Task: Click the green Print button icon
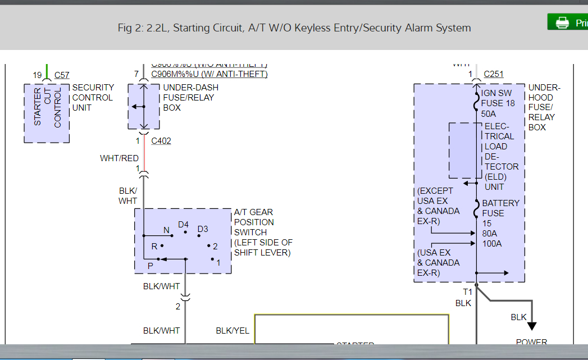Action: click(x=562, y=22)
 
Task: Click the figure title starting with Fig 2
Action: click(x=294, y=28)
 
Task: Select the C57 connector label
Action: click(x=62, y=75)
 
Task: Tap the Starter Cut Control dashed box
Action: click(x=47, y=113)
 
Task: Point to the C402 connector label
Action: click(x=162, y=141)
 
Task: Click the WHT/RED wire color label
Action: click(x=119, y=158)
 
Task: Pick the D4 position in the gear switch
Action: click(x=183, y=225)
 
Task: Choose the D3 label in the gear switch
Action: click(x=202, y=229)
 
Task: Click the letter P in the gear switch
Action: click(x=150, y=266)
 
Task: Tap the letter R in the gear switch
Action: click(x=154, y=246)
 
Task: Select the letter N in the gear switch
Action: click(x=166, y=230)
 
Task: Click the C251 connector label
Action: click(x=494, y=74)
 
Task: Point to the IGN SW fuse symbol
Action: click(x=476, y=103)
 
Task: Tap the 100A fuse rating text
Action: click(x=493, y=243)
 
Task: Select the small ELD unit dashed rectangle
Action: click(x=465, y=150)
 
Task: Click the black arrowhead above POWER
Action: click(x=531, y=326)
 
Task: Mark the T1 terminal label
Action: click(x=467, y=291)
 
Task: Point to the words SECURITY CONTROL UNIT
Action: click(x=93, y=97)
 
